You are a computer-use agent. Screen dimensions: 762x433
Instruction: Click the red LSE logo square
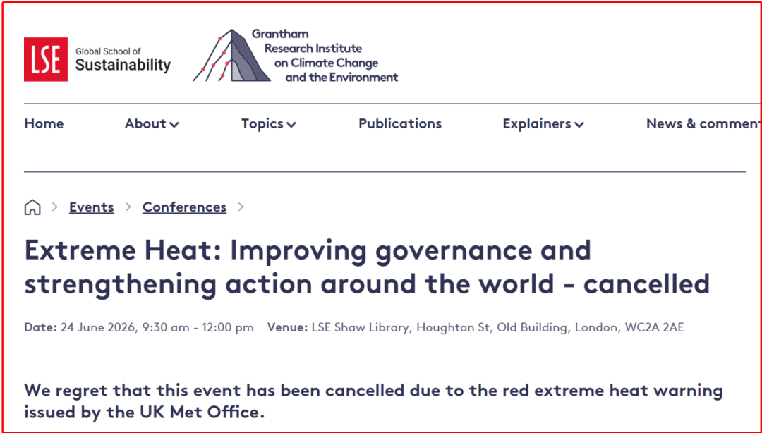click(x=46, y=59)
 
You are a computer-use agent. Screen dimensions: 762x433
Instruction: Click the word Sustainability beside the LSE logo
click(x=123, y=65)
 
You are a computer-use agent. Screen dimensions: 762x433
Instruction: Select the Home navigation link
click(x=44, y=124)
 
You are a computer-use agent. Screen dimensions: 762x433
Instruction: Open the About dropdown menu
click(x=152, y=124)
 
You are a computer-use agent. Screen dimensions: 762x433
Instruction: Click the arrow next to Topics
click(x=291, y=125)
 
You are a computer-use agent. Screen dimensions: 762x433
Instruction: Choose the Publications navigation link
click(x=400, y=124)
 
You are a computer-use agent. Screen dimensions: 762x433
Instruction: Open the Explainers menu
click(x=543, y=124)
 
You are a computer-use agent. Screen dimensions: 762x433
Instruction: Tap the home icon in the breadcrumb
click(x=32, y=207)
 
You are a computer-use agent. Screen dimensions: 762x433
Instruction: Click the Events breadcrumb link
click(x=91, y=207)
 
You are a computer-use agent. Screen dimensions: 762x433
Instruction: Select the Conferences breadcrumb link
click(x=184, y=207)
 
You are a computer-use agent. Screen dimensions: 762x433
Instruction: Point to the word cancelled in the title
click(x=646, y=283)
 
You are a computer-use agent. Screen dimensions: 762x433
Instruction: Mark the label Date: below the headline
click(x=41, y=327)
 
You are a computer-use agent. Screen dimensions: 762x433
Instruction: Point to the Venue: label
click(x=288, y=327)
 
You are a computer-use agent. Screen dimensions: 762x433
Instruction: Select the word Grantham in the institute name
click(x=280, y=34)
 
